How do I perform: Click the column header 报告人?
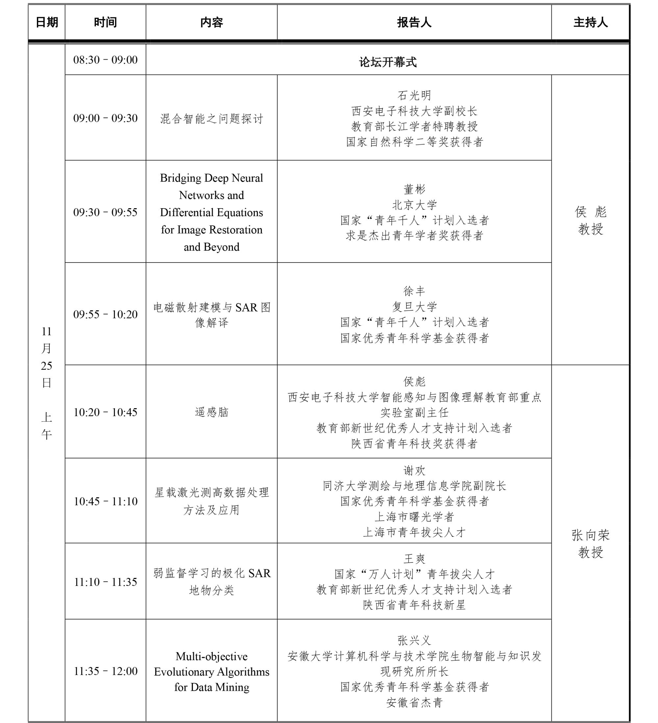[x=414, y=23]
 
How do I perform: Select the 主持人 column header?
[x=590, y=23]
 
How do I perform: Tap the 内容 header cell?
[x=211, y=23]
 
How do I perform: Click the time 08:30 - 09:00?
[x=105, y=60]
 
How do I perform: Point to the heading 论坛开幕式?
[x=388, y=62]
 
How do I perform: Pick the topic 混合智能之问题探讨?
[x=211, y=119]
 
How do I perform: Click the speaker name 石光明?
[x=414, y=95]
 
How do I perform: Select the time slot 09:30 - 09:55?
[x=105, y=212]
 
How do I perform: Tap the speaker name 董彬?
[x=414, y=189]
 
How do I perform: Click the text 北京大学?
[x=414, y=205]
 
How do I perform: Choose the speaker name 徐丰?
[x=414, y=291]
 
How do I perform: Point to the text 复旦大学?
[x=414, y=307]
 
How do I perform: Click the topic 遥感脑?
[x=211, y=412]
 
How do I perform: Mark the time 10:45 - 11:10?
[x=106, y=501]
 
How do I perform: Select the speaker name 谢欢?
[x=414, y=470]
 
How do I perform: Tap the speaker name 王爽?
[x=414, y=559]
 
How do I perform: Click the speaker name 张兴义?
[x=414, y=640]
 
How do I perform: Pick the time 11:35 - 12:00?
[x=106, y=671]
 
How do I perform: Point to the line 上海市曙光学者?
[x=414, y=516]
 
